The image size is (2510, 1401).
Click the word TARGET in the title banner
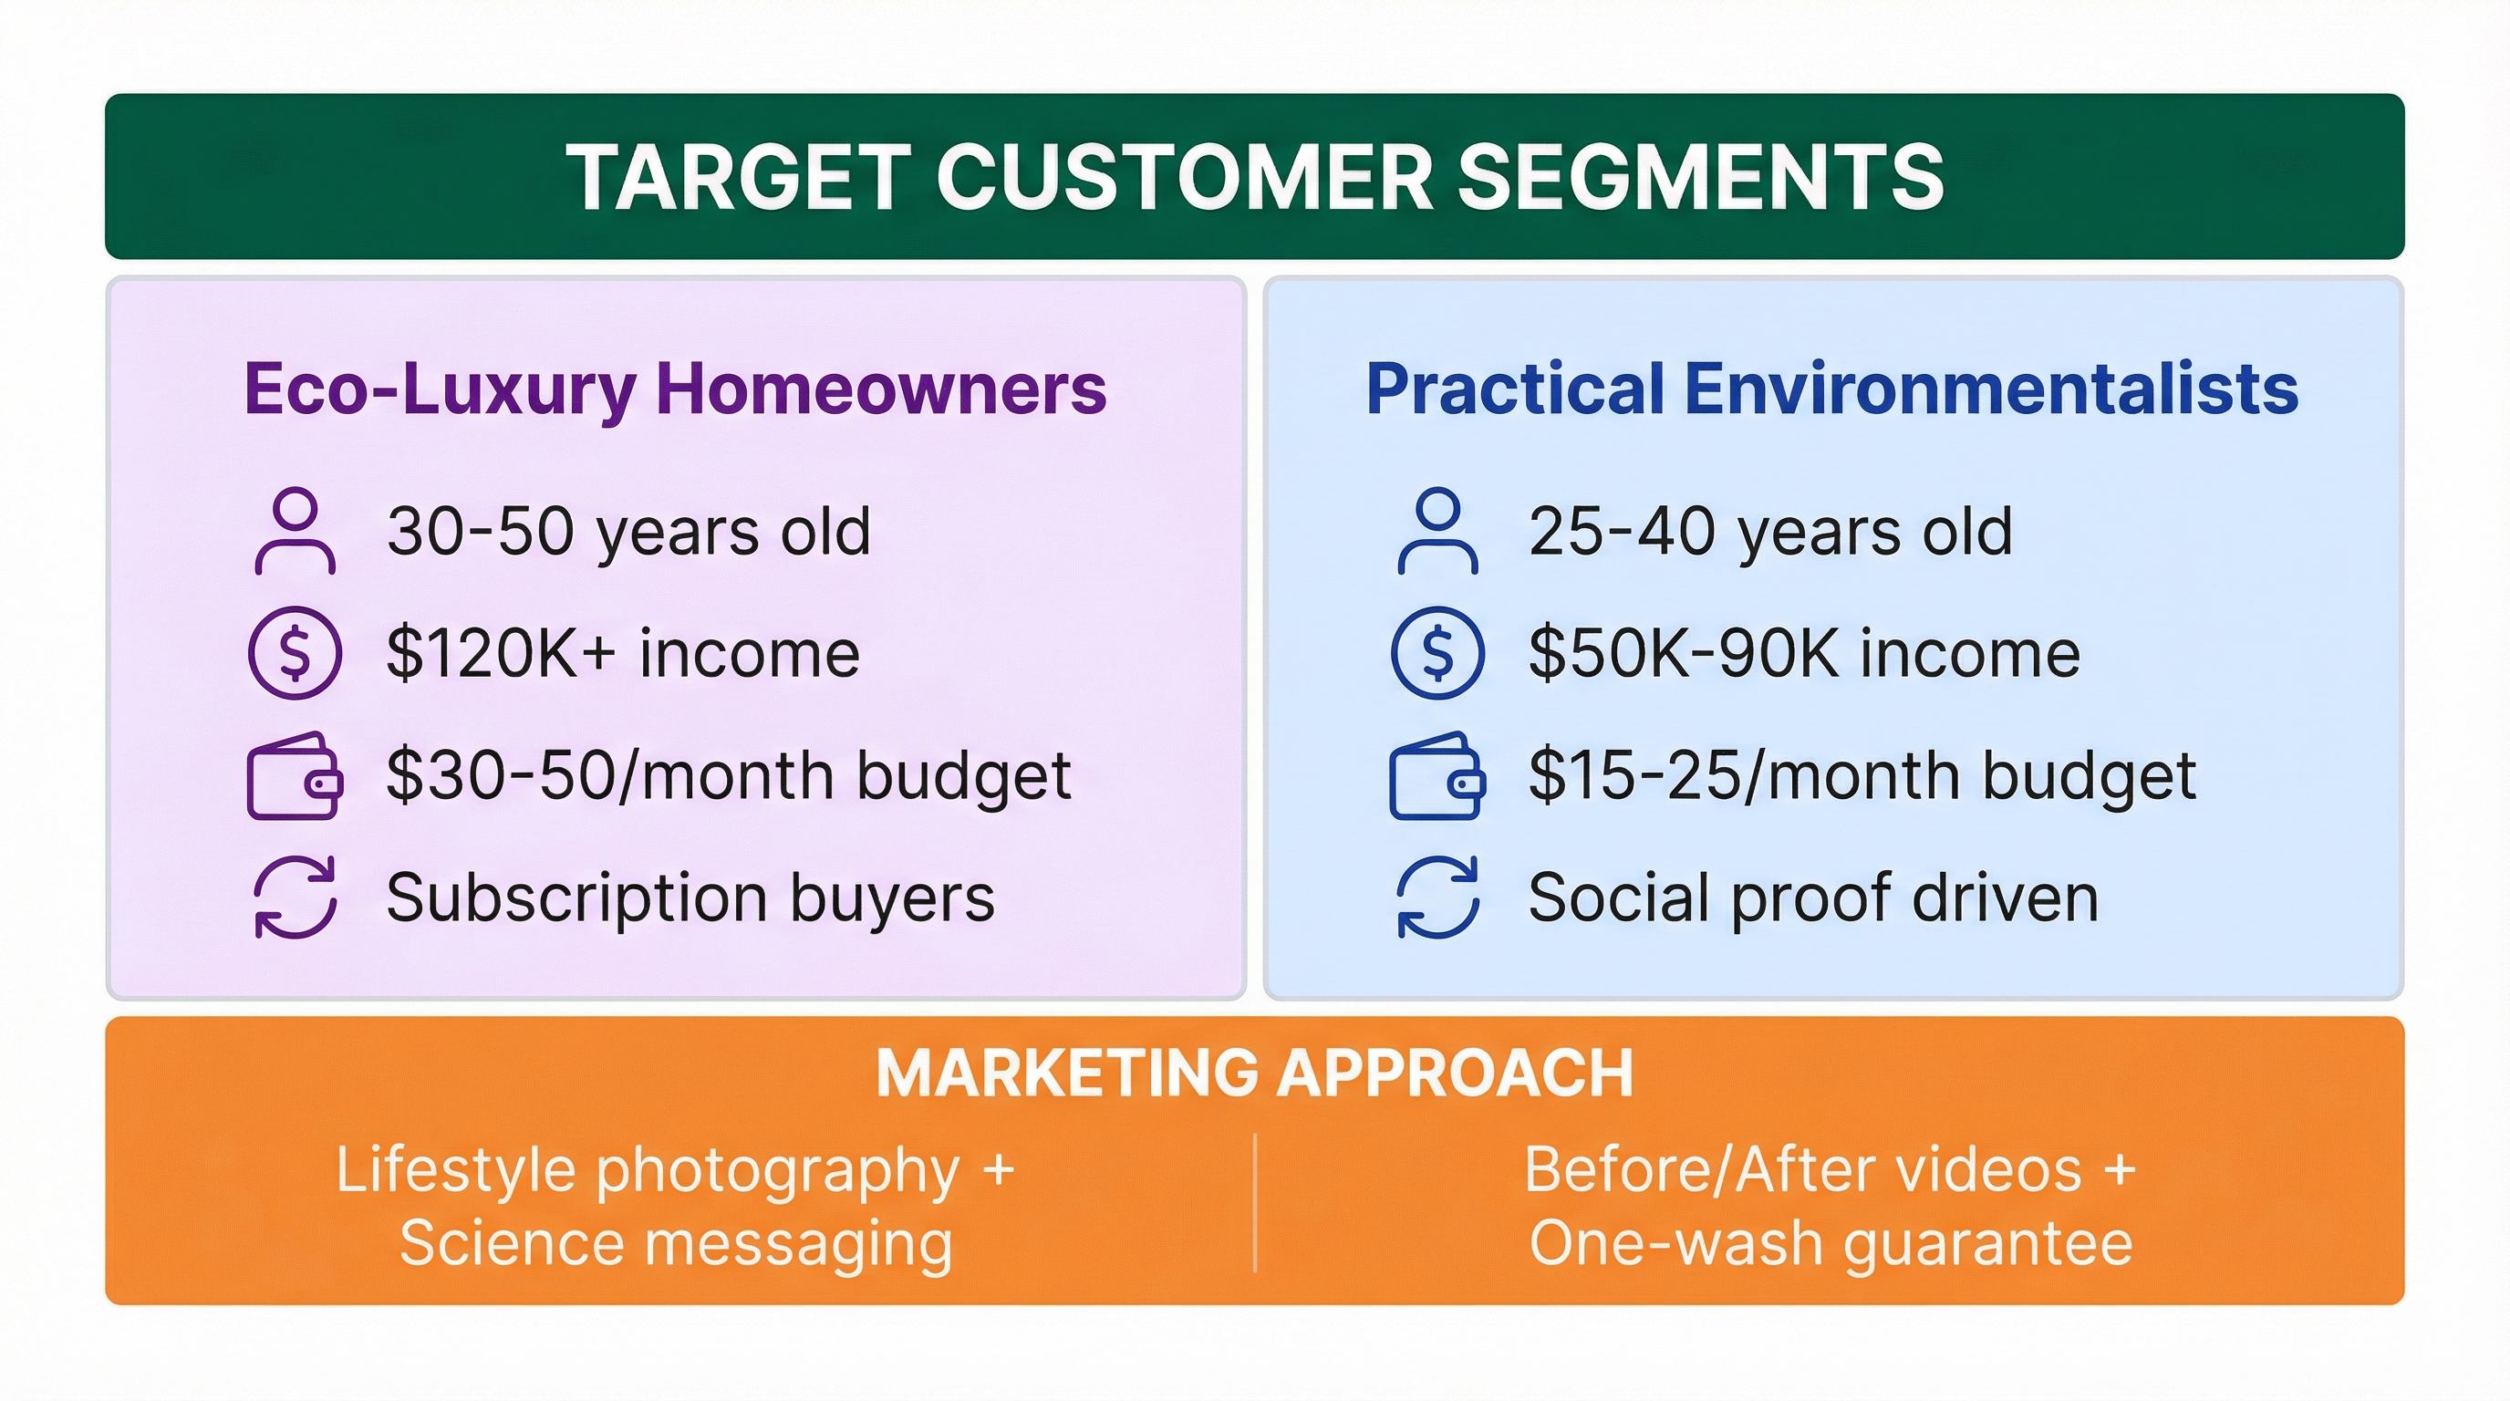tap(739, 176)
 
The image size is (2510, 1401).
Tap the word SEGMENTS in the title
tap(1699, 176)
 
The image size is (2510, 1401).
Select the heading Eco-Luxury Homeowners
tap(675, 389)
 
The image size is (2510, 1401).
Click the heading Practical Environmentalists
tap(1831, 389)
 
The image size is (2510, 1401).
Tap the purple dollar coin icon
tap(296, 653)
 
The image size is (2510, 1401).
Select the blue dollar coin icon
tap(1437, 653)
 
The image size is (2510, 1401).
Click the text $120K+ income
tap(624, 653)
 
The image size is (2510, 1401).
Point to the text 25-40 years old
tap(1770, 532)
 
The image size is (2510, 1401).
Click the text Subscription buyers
tap(690, 898)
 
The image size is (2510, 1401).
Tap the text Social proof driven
tap(1813, 898)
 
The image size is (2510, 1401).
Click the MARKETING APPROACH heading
tap(1255, 1073)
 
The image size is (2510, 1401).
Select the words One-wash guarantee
tap(1831, 1244)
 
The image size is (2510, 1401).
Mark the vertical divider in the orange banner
tap(1255, 1202)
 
